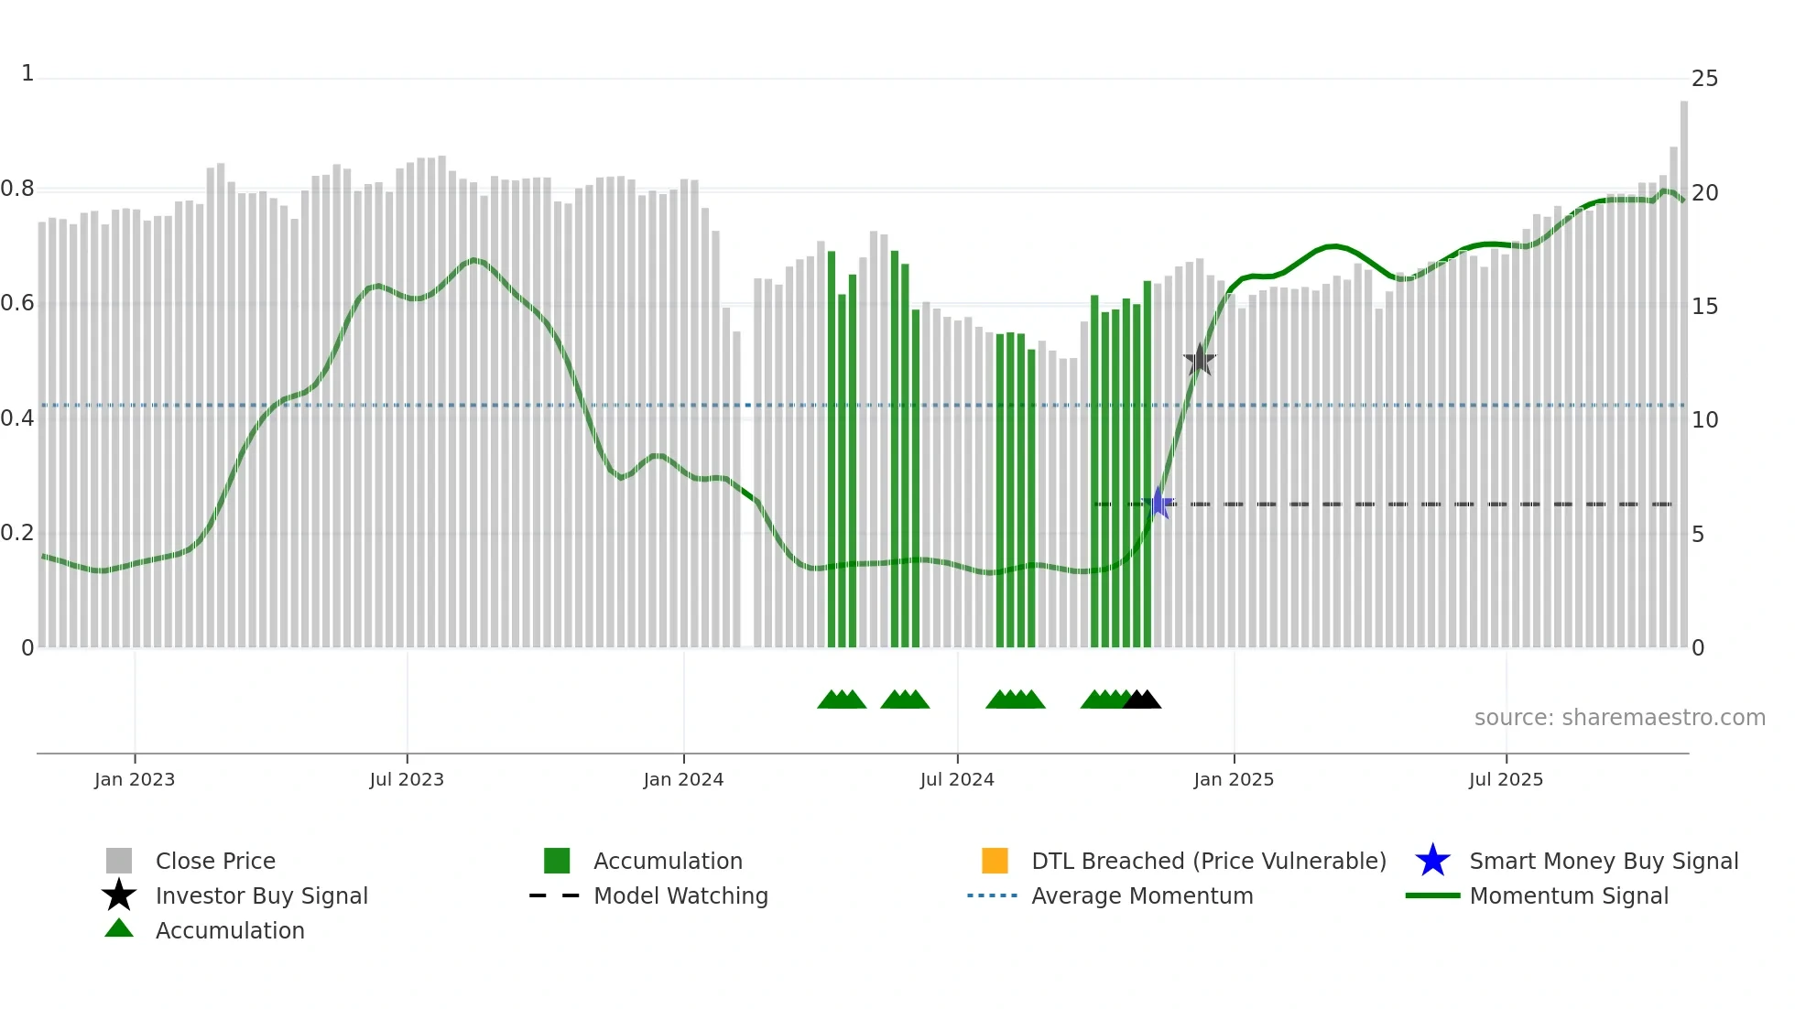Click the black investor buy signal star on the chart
tap(1199, 361)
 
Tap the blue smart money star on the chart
tap(1159, 503)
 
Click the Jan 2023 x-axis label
tap(135, 779)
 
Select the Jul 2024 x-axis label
tap(957, 779)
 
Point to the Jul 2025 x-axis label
tap(1506, 779)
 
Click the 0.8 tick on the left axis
tap(17, 190)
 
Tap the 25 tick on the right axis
tap(1704, 79)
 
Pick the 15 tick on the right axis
tap(1704, 307)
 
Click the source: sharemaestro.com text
tap(1619, 718)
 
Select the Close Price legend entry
tap(215, 861)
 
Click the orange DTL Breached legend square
tap(995, 861)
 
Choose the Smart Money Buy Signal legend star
tap(1432, 861)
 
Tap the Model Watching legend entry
tap(680, 895)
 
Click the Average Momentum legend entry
tap(1142, 895)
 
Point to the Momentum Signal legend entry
tap(1569, 895)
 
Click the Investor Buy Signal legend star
tap(119, 895)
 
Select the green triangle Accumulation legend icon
tap(119, 928)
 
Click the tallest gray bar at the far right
tap(1683, 366)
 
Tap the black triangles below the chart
tap(1142, 700)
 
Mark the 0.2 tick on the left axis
tap(17, 533)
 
